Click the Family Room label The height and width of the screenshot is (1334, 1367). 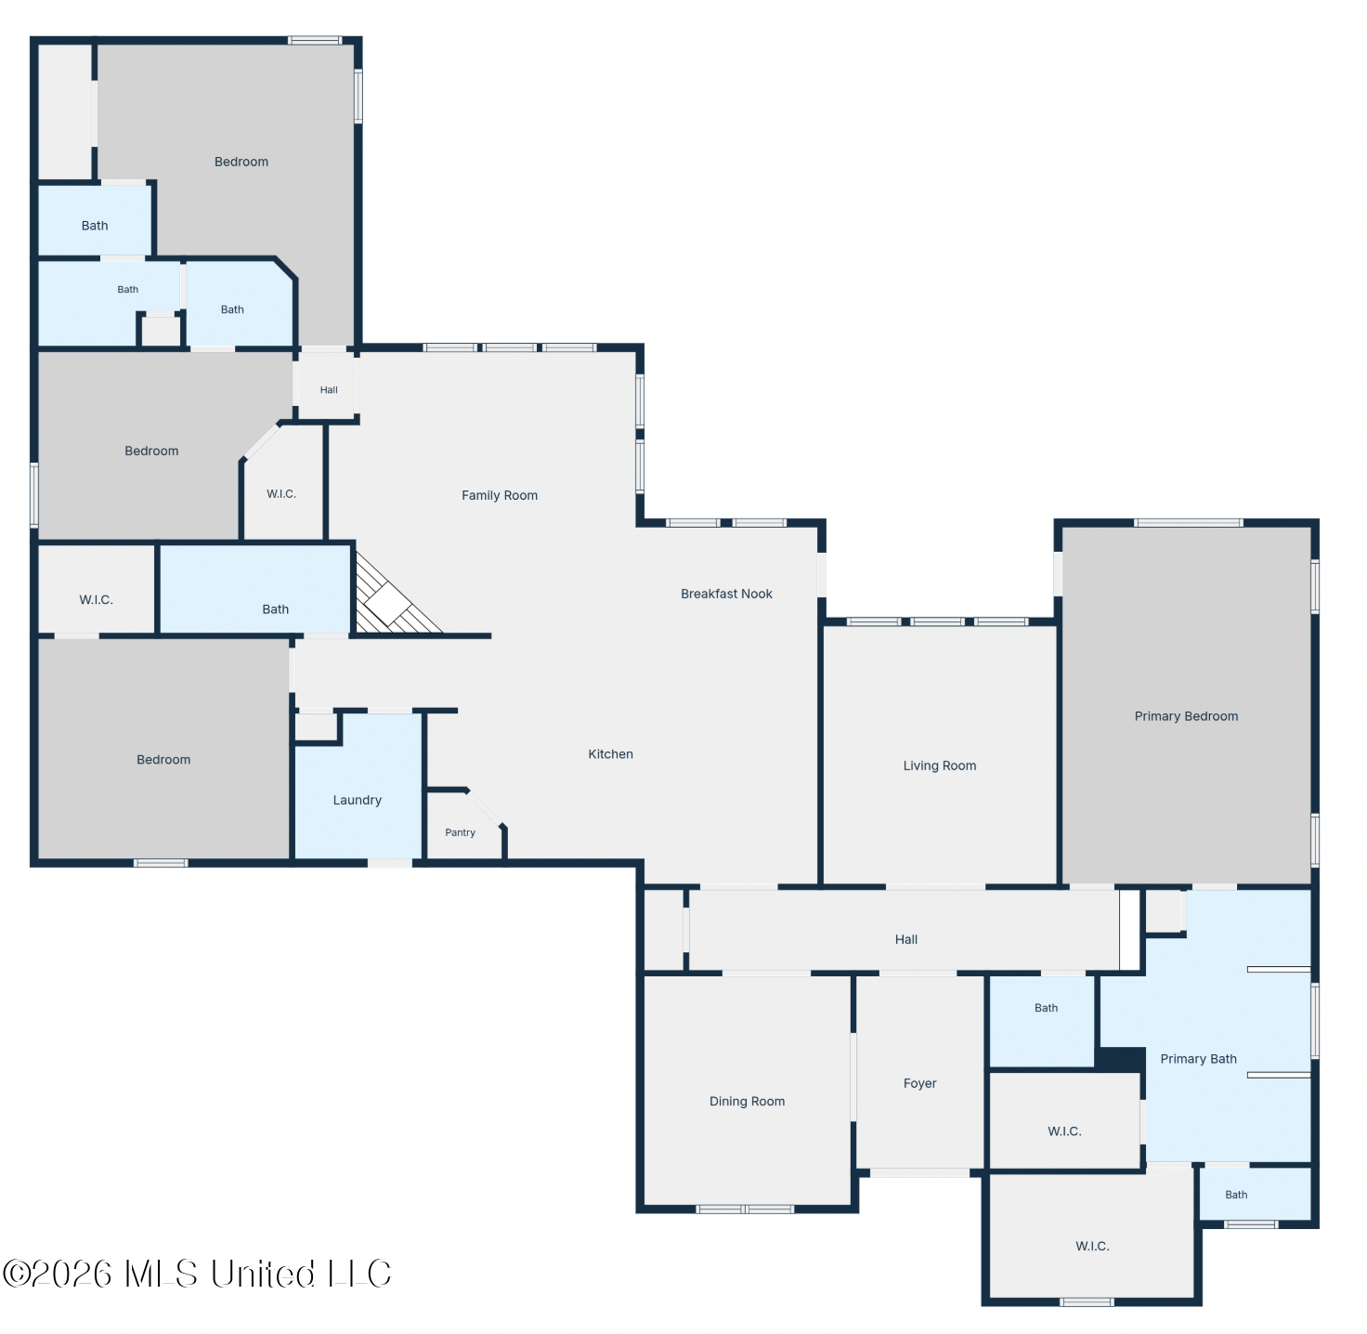500,495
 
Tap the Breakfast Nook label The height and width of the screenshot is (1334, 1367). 726,594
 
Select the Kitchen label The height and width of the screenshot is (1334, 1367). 610,754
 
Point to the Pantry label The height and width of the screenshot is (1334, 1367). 460,833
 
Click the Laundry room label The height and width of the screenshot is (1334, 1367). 357,800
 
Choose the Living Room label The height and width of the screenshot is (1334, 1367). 939,765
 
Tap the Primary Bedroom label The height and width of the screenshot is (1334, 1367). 1186,716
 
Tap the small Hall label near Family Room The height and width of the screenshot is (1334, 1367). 329,390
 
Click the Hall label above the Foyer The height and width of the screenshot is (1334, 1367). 906,940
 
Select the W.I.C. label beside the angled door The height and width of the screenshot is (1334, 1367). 281,494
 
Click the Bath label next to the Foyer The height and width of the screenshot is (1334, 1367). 1046,1008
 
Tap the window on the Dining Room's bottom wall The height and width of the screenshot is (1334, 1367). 745,1209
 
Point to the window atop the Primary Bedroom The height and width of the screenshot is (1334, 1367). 1188,522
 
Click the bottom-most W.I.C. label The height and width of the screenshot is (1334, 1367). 1092,1246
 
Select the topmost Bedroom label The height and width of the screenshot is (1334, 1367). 241,162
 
